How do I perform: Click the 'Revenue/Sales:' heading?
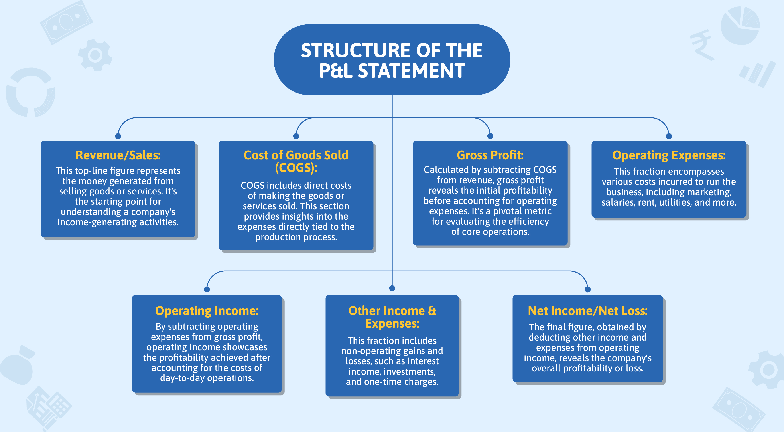click(118, 155)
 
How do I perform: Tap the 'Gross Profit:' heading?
click(490, 155)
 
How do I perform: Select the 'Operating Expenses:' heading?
click(669, 155)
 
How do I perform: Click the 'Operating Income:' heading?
click(207, 311)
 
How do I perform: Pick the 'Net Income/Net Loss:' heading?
click(587, 311)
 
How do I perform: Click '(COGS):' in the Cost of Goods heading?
click(296, 168)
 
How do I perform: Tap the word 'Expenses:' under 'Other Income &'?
click(392, 323)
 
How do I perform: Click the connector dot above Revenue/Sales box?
click(118, 136)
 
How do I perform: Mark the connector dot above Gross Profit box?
click(490, 136)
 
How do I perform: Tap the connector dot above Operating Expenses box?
click(669, 136)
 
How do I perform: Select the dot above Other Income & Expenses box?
click(392, 288)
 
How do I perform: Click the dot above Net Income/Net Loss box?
click(587, 289)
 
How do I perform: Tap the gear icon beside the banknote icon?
click(95, 55)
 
